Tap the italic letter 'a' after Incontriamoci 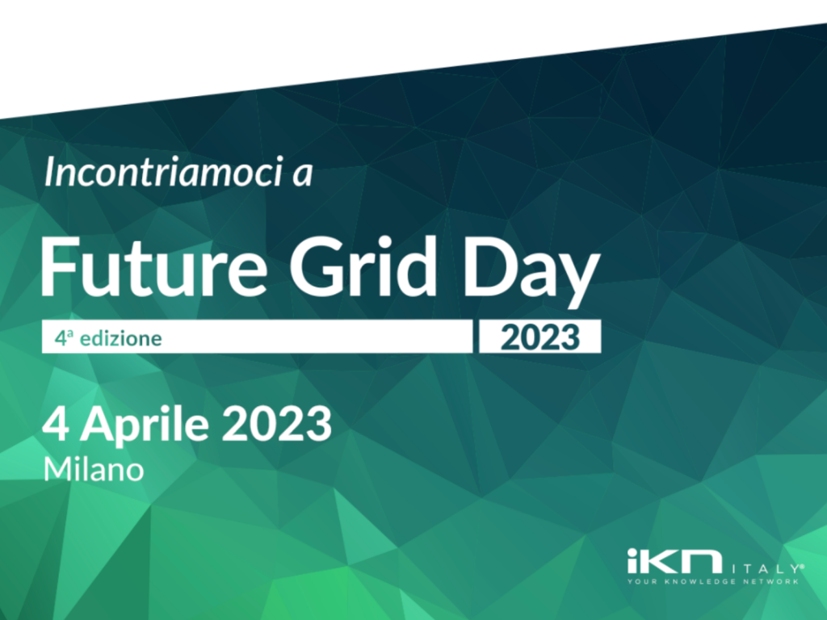tap(303, 175)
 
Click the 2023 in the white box tap(540, 337)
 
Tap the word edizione tap(121, 338)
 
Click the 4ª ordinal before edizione tap(64, 338)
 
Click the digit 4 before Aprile tap(56, 425)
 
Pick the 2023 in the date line tap(276, 425)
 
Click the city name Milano tap(94, 469)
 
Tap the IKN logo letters tap(674, 561)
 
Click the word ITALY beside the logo tap(766, 569)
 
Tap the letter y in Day tap(579, 280)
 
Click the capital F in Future tap(59, 267)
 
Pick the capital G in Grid tap(317, 267)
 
